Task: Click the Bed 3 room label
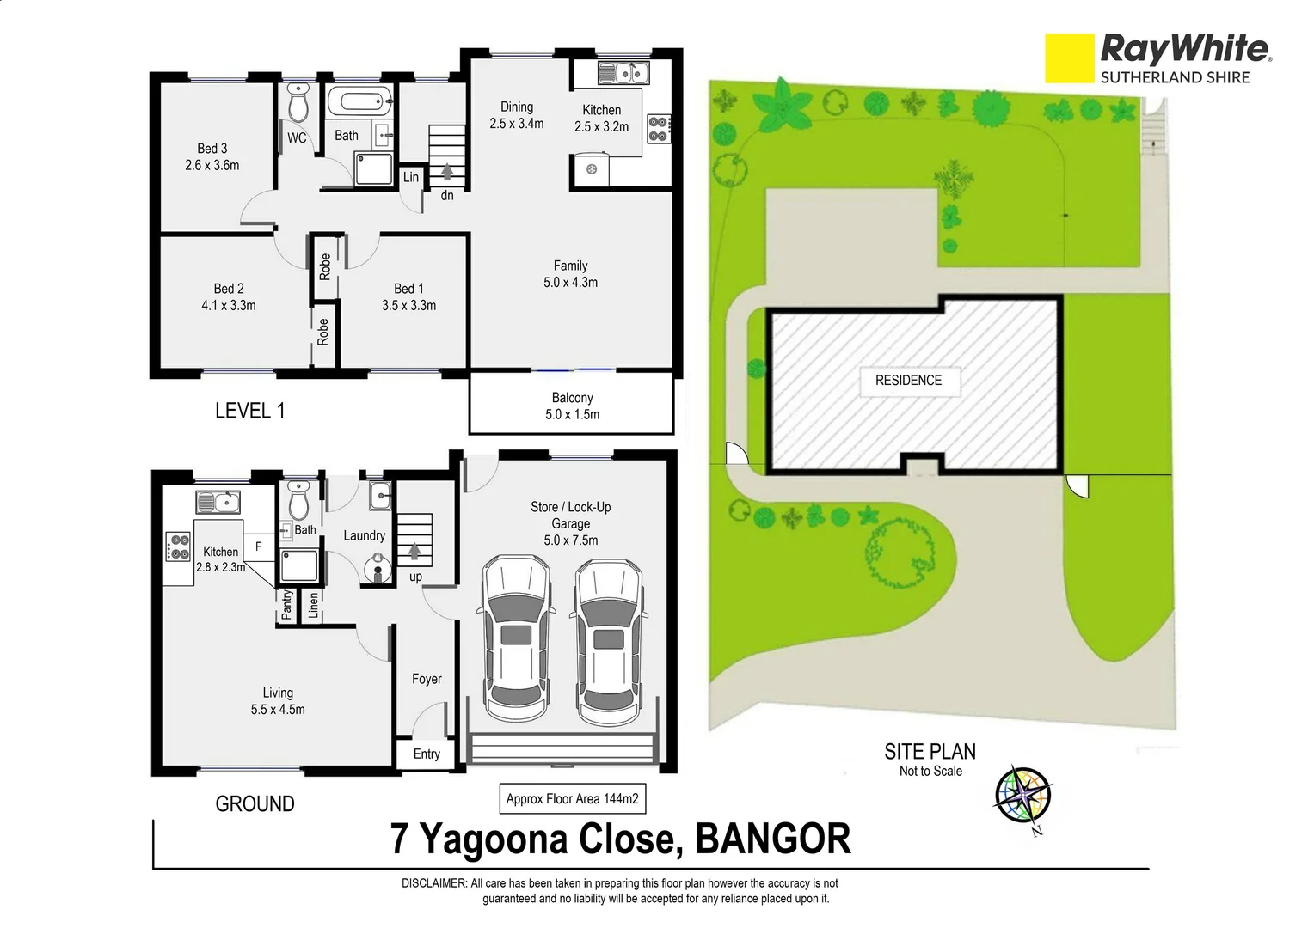coord(212,149)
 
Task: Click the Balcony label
coord(572,398)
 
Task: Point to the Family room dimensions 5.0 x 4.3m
coord(570,282)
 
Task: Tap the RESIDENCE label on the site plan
coord(908,380)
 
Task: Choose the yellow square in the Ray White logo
coord(1069,58)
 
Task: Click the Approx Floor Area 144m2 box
coord(572,799)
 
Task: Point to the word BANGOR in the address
coord(772,839)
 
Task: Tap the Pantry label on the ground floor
coord(286,605)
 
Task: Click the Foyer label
coord(427,679)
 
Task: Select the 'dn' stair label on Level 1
coord(447,196)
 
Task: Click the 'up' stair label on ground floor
coord(415,577)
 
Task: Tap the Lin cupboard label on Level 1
coord(411,177)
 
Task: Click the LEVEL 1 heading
coord(249,411)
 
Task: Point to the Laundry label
coord(364,535)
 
